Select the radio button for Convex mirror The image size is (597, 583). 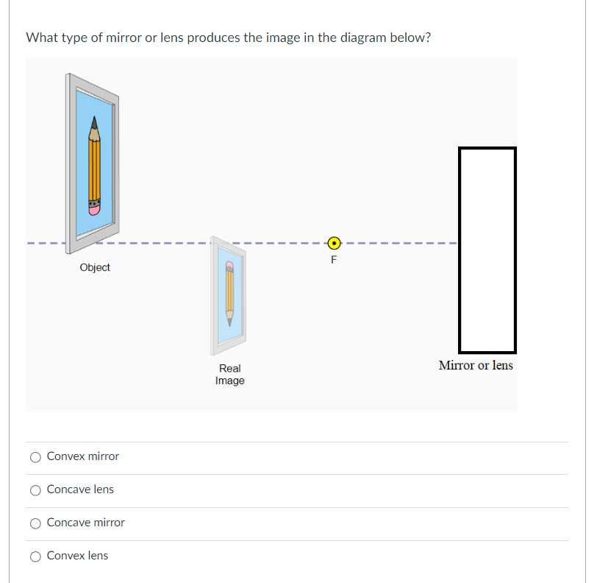(35, 457)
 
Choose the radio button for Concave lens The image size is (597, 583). (35, 490)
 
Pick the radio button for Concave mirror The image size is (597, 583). (35, 523)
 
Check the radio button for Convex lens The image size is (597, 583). (35, 556)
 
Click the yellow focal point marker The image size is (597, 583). (334, 242)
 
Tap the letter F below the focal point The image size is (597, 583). (334, 259)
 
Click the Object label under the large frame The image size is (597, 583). (95, 268)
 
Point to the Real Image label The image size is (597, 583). (229, 374)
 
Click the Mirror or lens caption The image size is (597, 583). (476, 365)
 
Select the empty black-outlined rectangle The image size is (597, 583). (487, 250)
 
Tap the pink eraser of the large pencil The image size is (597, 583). (94, 209)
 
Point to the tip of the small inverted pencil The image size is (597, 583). (229, 322)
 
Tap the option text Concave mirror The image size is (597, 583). (85, 523)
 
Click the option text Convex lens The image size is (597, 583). (77, 556)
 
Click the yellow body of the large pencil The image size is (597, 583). (94, 169)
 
